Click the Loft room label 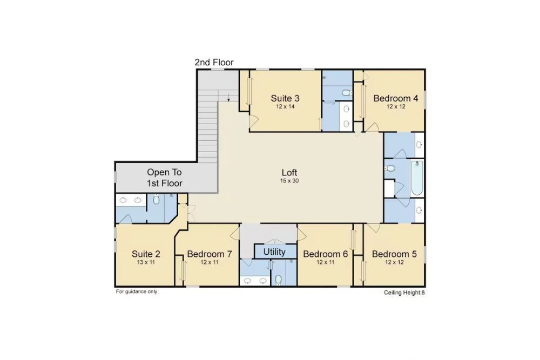click(x=289, y=172)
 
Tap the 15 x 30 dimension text click(x=289, y=181)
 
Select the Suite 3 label click(x=285, y=98)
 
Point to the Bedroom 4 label click(x=396, y=98)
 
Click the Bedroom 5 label click(x=394, y=254)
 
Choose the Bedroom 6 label click(x=326, y=254)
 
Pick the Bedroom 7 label click(x=210, y=254)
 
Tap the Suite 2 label click(x=146, y=254)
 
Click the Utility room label click(x=274, y=252)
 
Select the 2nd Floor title click(x=214, y=62)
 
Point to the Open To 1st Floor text click(x=165, y=178)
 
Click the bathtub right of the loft click(x=417, y=178)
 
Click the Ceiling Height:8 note click(x=404, y=293)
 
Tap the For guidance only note click(x=137, y=291)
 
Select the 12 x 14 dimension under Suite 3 click(x=285, y=107)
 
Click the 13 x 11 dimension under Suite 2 click(x=146, y=262)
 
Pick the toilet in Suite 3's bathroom click(x=347, y=93)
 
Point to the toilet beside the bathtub click(x=390, y=168)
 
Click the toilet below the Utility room click(x=279, y=280)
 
